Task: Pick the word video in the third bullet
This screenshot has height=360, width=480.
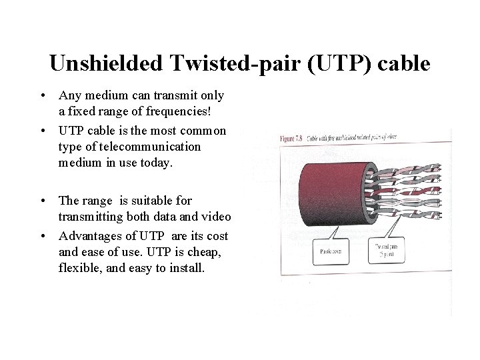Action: pos(215,217)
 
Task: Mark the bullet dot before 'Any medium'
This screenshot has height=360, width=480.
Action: pos(41,96)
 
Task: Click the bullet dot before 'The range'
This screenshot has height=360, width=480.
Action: pos(41,201)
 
